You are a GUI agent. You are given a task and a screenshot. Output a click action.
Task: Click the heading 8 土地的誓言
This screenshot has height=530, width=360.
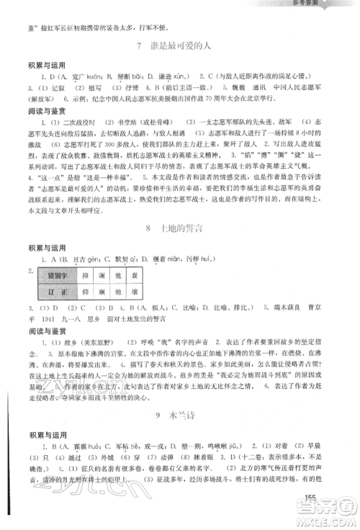coord(179,228)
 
